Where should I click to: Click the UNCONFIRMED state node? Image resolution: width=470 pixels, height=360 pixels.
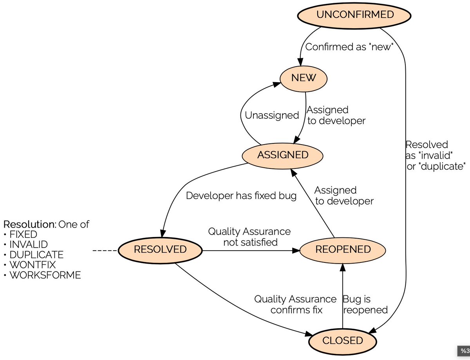[x=355, y=15]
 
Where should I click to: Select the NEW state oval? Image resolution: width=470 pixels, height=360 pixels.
[x=303, y=78]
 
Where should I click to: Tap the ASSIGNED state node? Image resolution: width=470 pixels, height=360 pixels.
[x=282, y=155]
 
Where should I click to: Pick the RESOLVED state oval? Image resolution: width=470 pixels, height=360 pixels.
[x=160, y=249]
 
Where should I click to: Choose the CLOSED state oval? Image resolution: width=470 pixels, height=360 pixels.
[x=342, y=340]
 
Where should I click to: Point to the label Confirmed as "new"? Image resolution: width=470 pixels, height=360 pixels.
[x=349, y=47]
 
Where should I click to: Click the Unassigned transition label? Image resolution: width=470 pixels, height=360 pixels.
[x=272, y=116]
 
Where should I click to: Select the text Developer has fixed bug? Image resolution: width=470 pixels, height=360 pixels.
[x=241, y=195]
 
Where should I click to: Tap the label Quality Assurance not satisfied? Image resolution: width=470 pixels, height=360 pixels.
[x=249, y=237]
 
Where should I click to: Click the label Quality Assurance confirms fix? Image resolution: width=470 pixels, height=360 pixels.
[x=295, y=304]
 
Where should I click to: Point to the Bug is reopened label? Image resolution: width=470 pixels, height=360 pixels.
[x=365, y=305]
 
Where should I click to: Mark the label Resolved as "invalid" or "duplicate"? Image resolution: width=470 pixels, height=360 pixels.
[x=435, y=156]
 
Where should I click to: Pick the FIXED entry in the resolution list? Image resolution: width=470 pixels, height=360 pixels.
[x=23, y=235]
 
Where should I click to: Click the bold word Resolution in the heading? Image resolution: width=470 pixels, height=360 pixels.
[x=29, y=224]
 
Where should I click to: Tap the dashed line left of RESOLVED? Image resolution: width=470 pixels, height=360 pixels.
[x=105, y=250]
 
